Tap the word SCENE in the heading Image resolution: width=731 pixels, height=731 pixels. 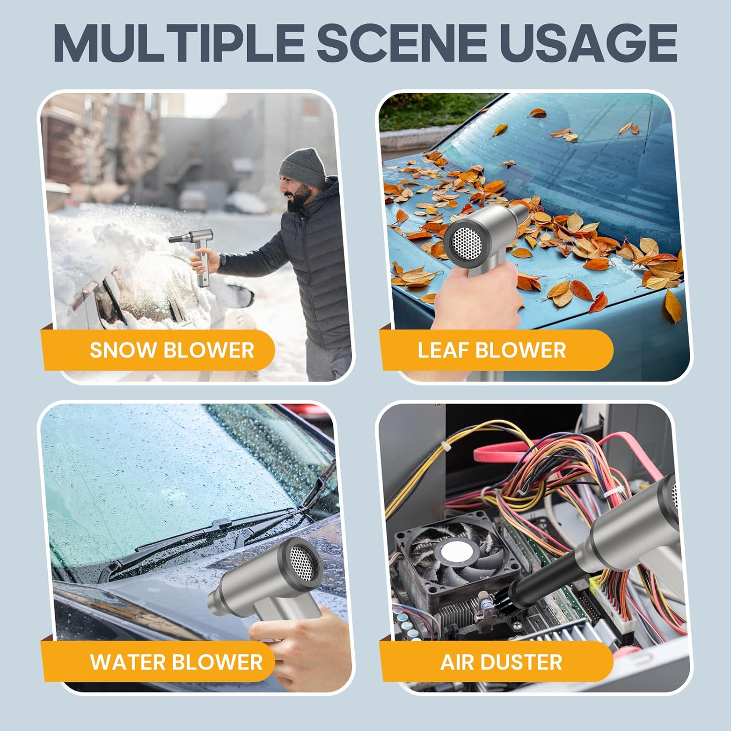(403, 42)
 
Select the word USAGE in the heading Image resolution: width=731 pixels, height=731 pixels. (588, 42)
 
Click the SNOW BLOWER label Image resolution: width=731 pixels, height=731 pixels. (172, 350)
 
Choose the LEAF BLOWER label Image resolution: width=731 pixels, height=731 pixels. (492, 350)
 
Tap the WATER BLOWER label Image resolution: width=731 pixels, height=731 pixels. (176, 662)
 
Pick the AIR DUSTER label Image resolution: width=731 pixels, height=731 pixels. (501, 662)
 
